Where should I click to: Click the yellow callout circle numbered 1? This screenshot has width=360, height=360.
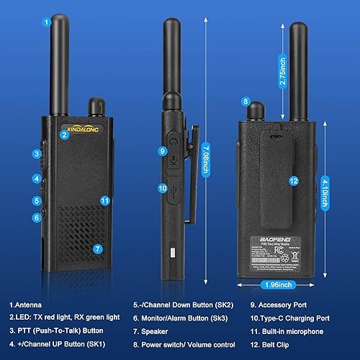47,22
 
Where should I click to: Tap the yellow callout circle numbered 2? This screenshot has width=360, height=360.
64,134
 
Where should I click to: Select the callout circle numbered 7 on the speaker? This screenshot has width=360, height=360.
98,248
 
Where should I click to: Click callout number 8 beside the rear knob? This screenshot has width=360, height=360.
246,102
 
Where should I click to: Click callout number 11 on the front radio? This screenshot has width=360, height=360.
104,201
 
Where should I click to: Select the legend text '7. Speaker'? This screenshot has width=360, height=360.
151,331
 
